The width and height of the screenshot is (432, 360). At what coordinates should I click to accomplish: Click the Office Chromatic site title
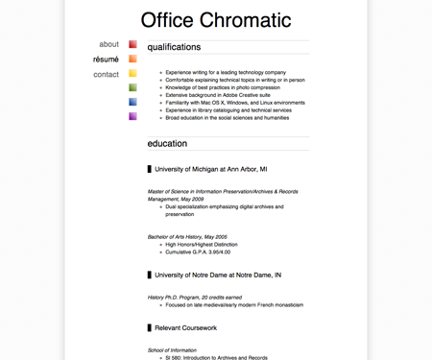(215, 20)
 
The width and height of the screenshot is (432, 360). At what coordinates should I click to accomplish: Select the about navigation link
(108, 44)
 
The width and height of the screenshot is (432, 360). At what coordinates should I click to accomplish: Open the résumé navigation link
(106, 60)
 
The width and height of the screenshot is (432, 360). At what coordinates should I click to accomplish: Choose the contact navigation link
(106, 74)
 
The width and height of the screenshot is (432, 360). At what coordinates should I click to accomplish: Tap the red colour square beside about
(132, 44)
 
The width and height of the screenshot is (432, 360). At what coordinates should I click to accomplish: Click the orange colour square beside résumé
(132, 59)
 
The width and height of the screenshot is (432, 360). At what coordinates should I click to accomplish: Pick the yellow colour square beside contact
(132, 73)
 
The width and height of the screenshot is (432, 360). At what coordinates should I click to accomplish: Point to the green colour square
(132, 87)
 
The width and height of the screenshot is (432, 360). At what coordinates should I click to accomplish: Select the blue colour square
(132, 102)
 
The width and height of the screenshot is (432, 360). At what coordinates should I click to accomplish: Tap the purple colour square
(132, 116)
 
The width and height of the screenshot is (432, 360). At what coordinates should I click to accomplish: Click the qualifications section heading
(174, 47)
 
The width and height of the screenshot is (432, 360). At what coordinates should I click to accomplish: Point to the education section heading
(167, 144)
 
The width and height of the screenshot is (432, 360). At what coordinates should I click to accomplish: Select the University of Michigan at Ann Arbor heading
(210, 169)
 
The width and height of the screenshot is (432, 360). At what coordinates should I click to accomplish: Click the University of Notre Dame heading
(218, 275)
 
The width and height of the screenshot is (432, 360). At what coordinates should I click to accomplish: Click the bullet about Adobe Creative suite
(217, 95)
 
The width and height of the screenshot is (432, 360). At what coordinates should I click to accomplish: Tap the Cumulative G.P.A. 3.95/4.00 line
(198, 252)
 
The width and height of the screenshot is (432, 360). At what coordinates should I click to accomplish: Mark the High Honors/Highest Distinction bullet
(202, 244)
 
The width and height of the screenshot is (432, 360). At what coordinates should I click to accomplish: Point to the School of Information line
(172, 350)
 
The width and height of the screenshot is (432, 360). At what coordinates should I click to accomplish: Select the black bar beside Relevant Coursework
(150, 328)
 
